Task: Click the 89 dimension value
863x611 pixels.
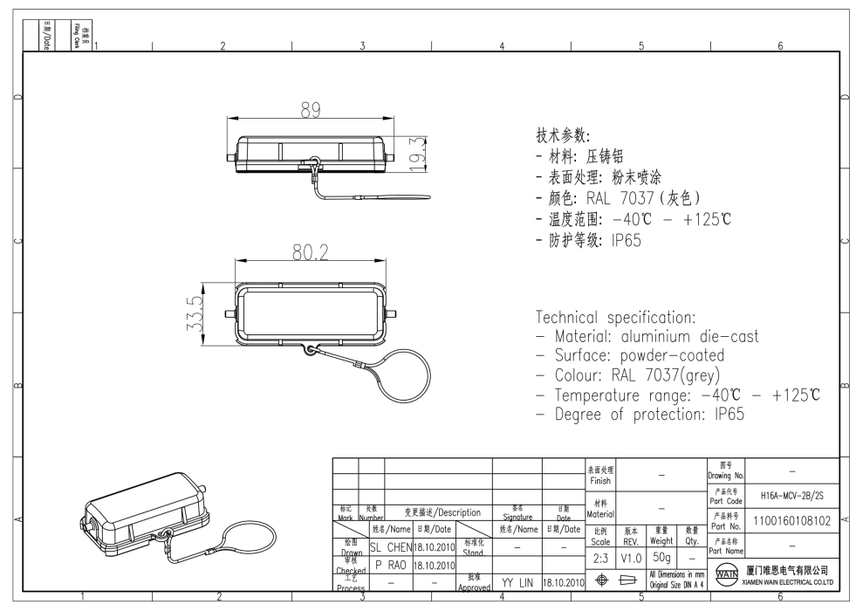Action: (x=311, y=111)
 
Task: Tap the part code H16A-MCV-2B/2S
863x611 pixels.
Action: (x=791, y=495)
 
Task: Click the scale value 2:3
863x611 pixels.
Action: (x=600, y=556)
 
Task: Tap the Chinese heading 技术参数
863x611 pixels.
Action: (x=563, y=137)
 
